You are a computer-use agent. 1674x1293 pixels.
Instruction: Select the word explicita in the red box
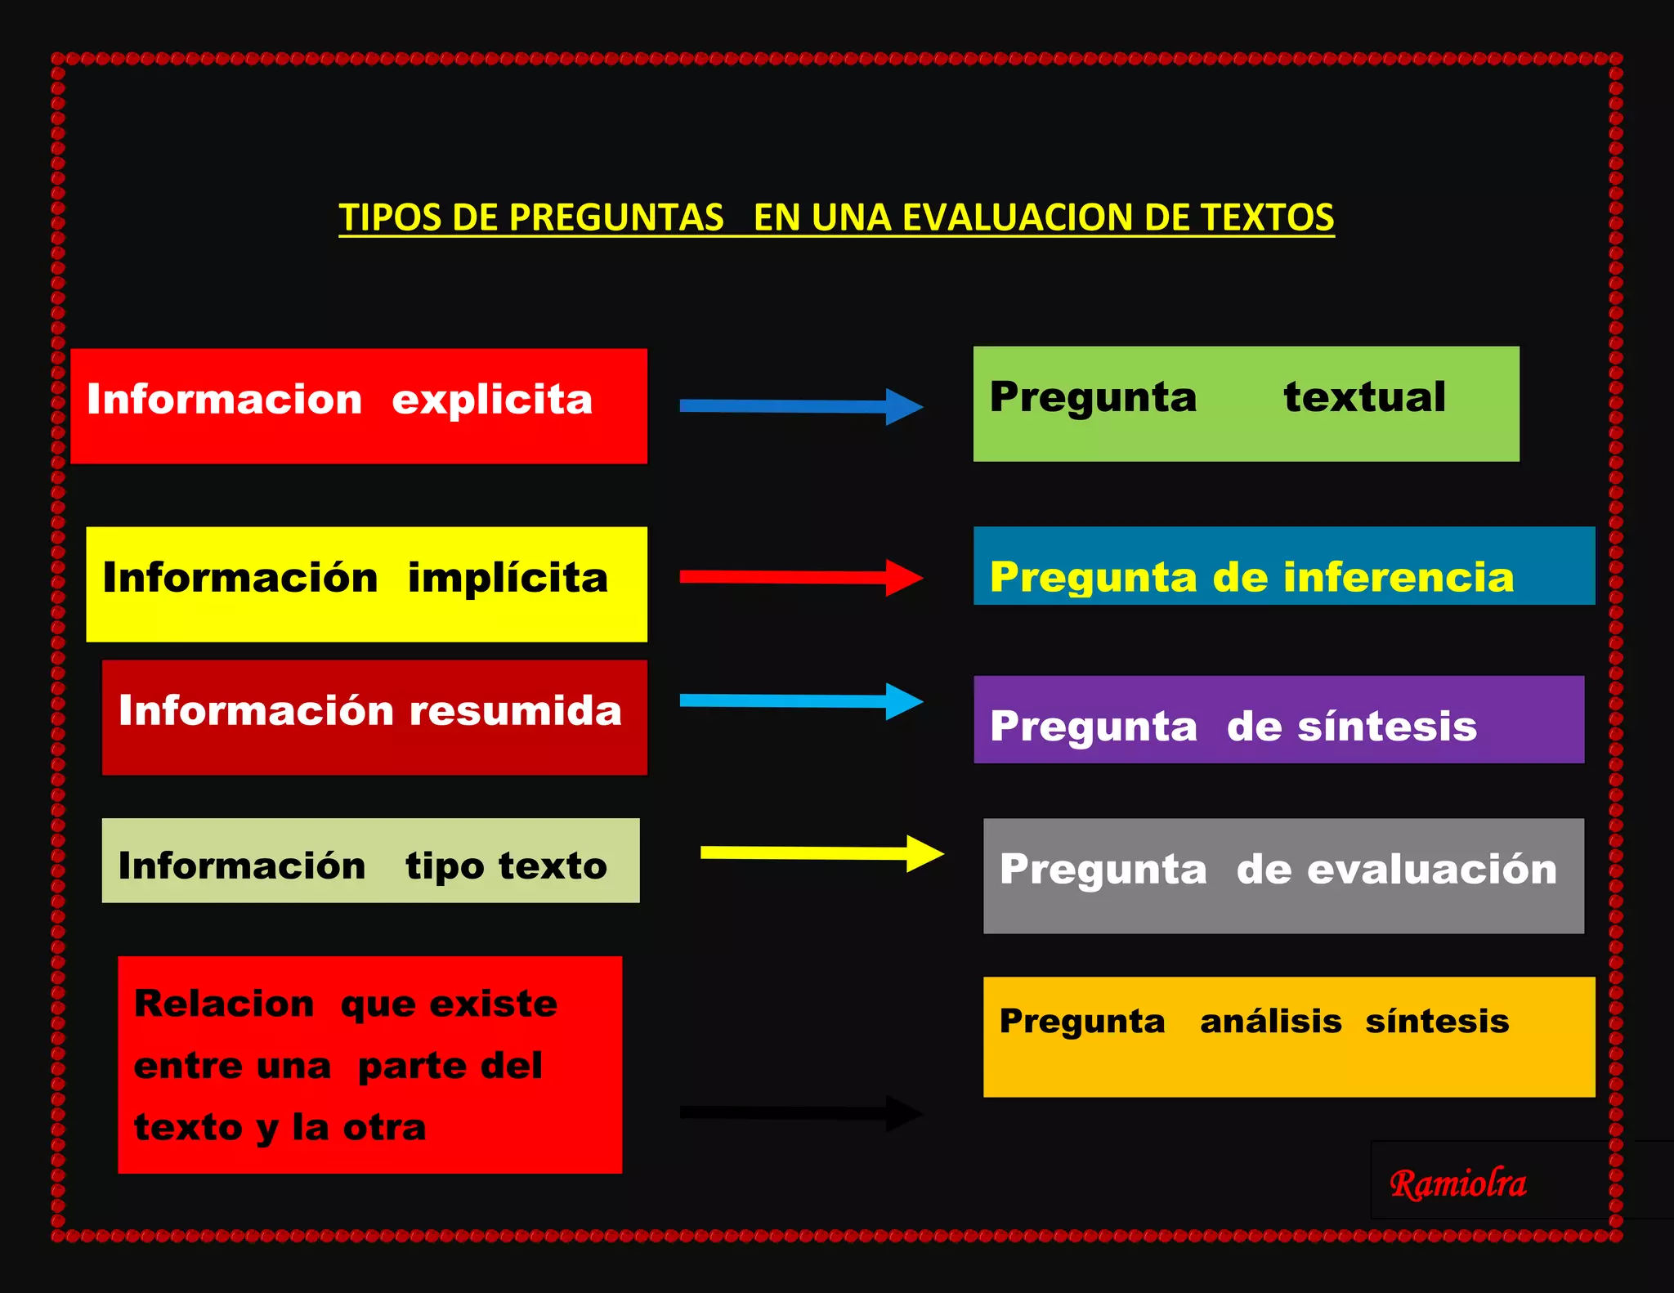(x=491, y=400)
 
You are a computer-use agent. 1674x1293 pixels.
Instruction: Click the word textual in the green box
(x=1364, y=397)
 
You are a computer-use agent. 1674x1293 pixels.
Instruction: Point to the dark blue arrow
(x=801, y=406)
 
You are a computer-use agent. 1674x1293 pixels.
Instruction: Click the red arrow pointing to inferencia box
(x=801, y=577)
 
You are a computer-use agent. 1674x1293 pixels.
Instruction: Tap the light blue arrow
(x=801, y=701)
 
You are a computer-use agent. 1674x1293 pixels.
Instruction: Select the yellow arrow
(x=821, y=853)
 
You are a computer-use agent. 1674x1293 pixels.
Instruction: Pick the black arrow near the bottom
(x=801, y=1113)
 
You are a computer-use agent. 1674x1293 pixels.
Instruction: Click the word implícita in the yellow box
(x=508, y=579)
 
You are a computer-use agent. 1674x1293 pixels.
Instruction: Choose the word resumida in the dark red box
(x=515, y=710)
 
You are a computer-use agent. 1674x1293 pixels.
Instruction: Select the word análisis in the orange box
(x=1270, y=1022)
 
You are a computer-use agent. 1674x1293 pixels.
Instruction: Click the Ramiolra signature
(x=1457, y=1183)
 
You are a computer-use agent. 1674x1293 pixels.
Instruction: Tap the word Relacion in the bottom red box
(x=224, y=1004)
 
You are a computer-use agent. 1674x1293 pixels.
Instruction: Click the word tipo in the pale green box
(x=445, y=866)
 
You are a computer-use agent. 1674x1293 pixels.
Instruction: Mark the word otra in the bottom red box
(x=384, y=1128)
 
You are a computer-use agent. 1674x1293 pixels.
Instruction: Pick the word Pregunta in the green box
(x=1093, y=397)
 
